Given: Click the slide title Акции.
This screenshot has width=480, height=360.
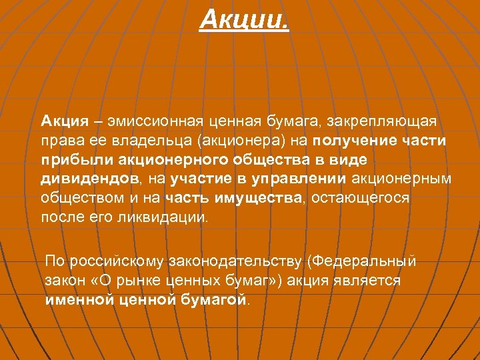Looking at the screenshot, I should [x=245, y=19].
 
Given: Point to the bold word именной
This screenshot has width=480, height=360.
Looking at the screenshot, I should [x=79, y=300].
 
